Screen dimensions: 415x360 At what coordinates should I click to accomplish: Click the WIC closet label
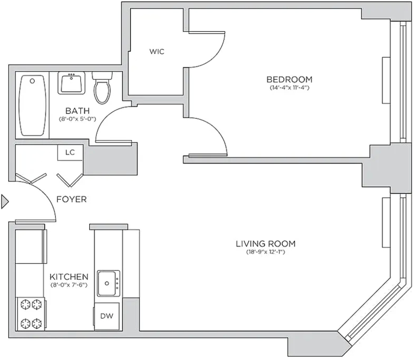click(157, 51)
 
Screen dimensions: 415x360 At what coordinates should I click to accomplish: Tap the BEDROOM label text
click(289, 79)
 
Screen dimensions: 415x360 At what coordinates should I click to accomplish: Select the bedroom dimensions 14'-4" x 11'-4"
click(289, 88)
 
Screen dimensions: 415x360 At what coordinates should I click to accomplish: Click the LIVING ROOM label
click(265, 244)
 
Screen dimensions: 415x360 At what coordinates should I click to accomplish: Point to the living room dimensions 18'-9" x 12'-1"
click(265, 252)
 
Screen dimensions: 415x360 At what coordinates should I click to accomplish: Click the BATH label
click(77, 111)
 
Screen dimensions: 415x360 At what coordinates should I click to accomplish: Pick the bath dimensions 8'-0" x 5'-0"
click(77, 119)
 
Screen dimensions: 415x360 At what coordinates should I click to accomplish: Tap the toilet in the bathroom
click(102, 87)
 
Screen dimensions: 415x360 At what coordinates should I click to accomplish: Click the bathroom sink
click(71, 83)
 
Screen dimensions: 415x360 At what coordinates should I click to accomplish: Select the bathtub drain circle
click(32, 81)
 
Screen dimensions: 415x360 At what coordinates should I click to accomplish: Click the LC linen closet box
click(70, 152)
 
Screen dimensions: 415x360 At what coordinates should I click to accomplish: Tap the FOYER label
click(71, 199)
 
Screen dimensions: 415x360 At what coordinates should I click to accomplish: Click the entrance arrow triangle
click(5, 202)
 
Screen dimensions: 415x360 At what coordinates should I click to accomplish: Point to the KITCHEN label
click(69, 277)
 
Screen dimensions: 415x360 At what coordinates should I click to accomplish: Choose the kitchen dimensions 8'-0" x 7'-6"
click(69, 285)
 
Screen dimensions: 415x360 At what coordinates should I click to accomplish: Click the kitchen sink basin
click(107, 283)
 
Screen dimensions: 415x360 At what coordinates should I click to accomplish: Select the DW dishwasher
click(107, 316)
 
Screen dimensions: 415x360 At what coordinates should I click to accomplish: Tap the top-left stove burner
click(26, 304)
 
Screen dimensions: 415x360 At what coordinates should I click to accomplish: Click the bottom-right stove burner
click(37, 323)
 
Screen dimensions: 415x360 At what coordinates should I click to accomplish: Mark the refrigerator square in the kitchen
click(30, 246)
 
